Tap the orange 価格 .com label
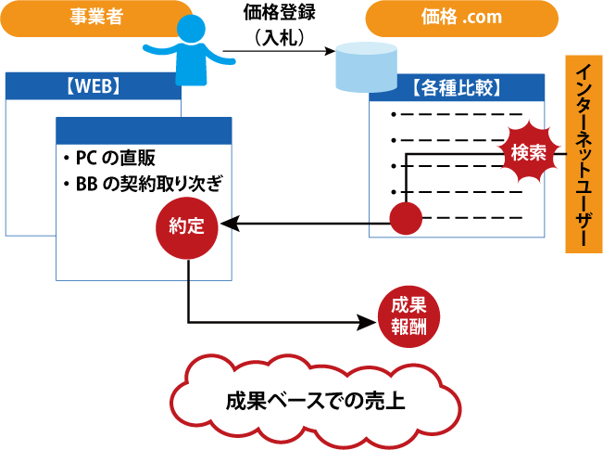point(461,18)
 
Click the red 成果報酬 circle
point(408,316)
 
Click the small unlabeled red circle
point(405,220)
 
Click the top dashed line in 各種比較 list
point(448,114)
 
